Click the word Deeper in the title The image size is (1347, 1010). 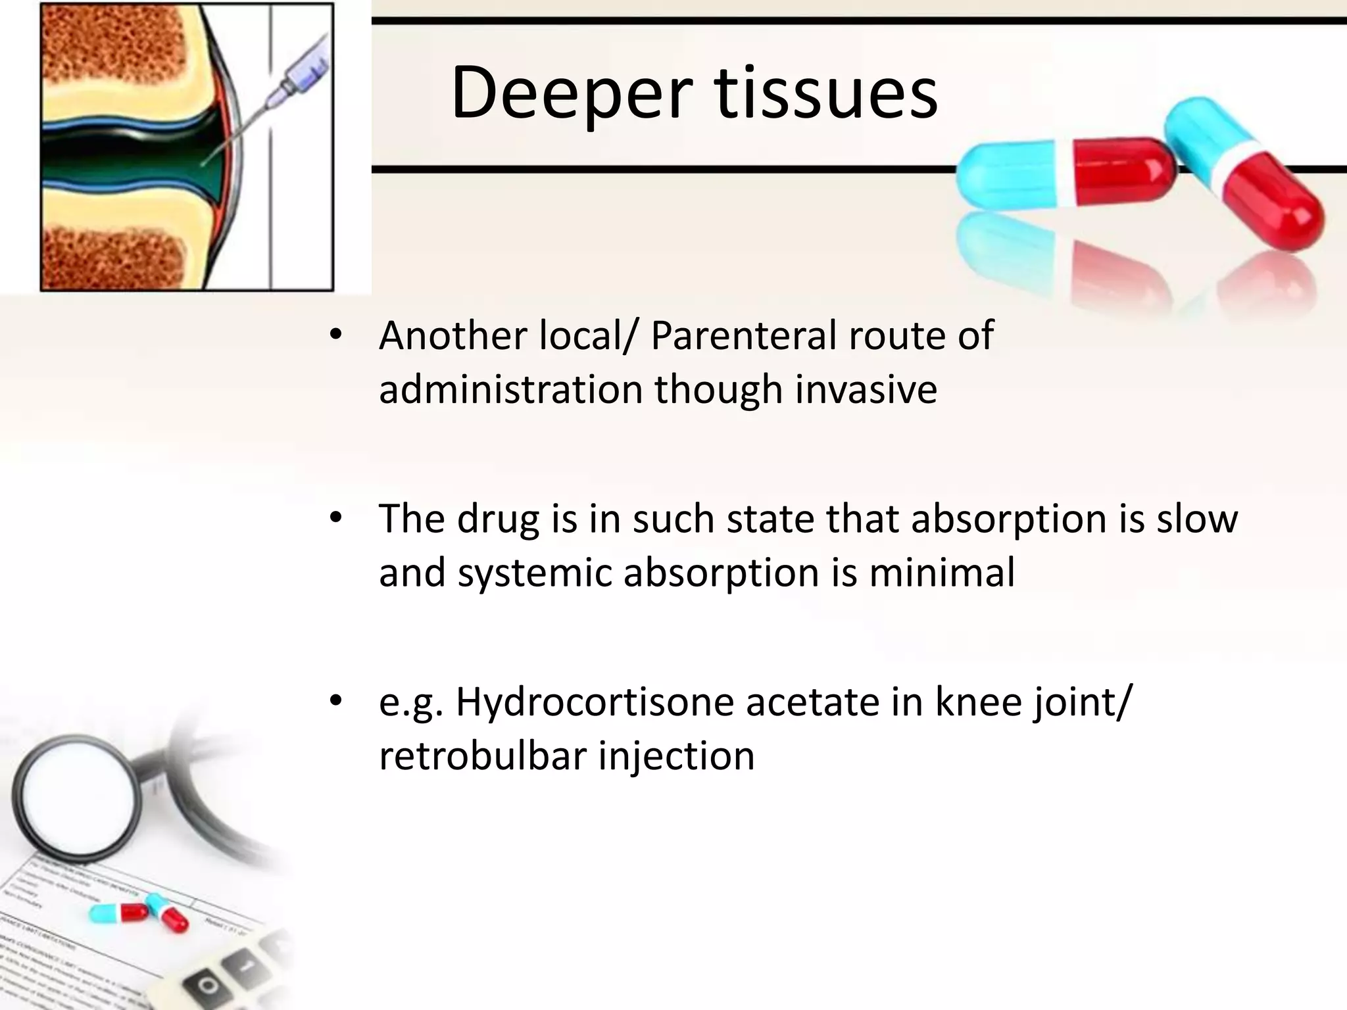point(571,93)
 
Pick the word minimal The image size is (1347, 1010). point(942,573)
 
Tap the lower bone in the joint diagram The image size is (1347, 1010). point(112,256)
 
